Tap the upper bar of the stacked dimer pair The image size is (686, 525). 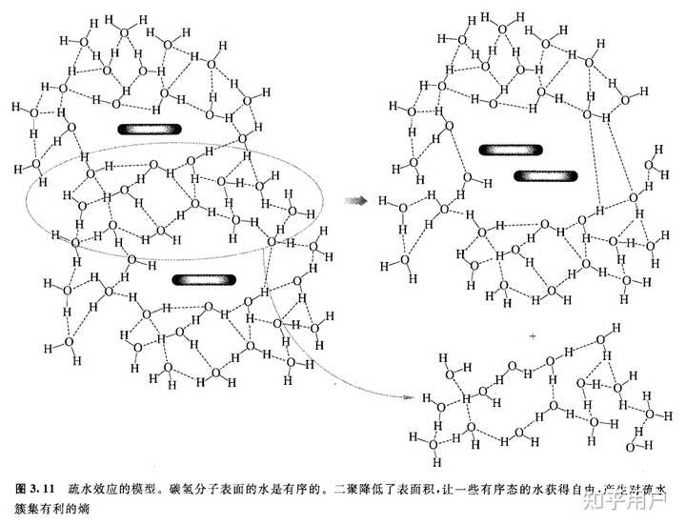pos(510,150)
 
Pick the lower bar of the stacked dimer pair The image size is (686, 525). pos(545,175)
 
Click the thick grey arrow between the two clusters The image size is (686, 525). pos(356,201)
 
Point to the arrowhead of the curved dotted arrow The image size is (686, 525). pos(408,394)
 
